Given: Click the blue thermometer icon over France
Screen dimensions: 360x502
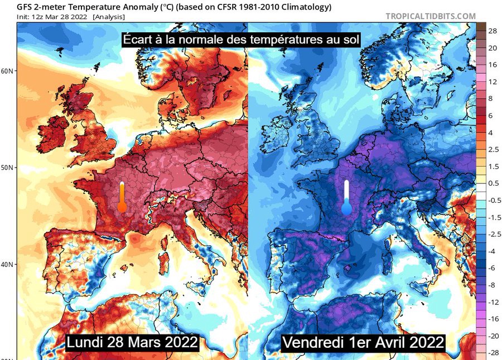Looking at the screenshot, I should coord(346,198).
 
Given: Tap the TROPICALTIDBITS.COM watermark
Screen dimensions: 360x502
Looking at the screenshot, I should coord(431,17).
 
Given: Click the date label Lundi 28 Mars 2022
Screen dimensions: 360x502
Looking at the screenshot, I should coord(132,342).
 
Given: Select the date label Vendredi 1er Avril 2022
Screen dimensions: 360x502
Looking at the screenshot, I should coord(363,342).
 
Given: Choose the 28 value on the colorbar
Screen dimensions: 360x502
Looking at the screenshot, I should coord(493,31).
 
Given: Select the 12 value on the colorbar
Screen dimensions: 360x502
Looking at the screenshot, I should coord(492,82).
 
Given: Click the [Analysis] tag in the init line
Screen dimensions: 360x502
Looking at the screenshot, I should coord(109,17).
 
